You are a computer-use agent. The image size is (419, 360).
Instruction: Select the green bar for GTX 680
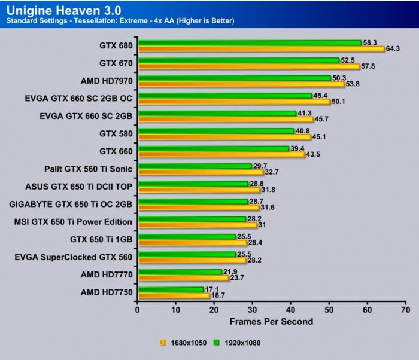[249, 42]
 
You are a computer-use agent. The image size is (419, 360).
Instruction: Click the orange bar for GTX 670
[248, 66]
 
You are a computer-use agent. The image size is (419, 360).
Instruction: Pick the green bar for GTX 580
[215, 130]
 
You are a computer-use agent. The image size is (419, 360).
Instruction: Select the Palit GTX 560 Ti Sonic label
[88, 169]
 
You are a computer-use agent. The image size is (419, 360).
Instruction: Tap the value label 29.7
[261, 166]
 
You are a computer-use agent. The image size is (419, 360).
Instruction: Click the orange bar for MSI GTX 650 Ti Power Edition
[197, 225]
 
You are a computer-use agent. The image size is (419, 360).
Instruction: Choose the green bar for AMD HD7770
[180, 271]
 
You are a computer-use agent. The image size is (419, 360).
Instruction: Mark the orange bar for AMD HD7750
[173, 295]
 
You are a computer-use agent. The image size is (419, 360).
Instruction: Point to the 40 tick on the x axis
[290, 310]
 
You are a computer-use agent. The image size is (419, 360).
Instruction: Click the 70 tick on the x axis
[405, 310]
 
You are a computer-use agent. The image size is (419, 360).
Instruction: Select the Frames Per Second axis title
[271, 321]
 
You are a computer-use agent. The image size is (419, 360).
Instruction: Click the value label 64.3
[393, 48]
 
